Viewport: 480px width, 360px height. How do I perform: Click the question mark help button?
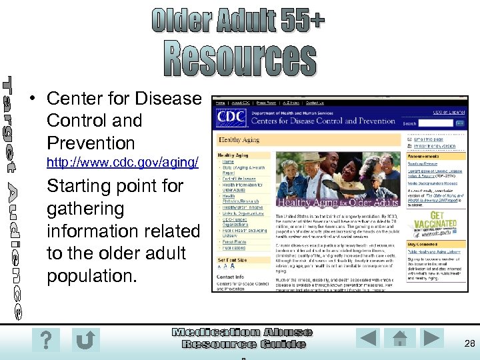click(x=45, y=340)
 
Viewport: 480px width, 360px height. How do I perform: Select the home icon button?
click(x=399, y=339)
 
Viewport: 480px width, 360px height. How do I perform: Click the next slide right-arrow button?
click(x=432, y=338)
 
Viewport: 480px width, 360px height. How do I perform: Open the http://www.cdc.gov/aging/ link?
click(x=122, y=163)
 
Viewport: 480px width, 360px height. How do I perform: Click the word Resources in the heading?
click(x=241, y=59)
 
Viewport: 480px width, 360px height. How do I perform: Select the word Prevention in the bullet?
click(x=91, y=143)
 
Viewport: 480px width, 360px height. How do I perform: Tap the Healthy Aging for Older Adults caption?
click(x=338, y=202)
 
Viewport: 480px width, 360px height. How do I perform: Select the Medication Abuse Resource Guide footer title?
click(x=243, y=338)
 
